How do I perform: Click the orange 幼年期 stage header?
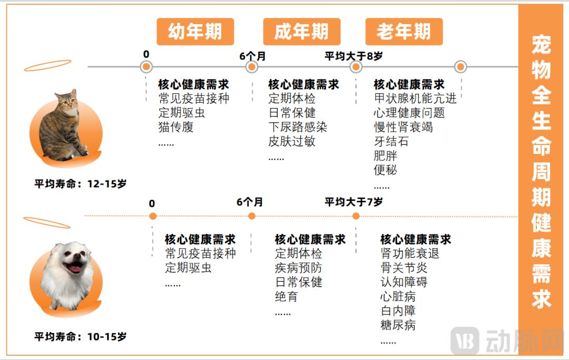(195, 32)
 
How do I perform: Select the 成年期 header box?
(302, 32)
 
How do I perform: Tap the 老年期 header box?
(404, 32)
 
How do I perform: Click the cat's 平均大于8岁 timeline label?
(354, 56)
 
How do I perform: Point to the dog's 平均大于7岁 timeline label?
(354, 202)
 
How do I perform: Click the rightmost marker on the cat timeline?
(460, 67)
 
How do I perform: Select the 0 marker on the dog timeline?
(153, 216)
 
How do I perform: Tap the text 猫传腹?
(175, 127)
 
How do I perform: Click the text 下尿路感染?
(298, 127)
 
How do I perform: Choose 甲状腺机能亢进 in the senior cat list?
(415, 99)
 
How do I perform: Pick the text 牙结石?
(391, 141)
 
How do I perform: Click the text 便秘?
(385, 170)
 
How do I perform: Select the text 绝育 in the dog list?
(286, 297)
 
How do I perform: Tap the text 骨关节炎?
(404, 268)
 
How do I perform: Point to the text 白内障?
(398, 310)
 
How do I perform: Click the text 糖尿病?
(398, 325)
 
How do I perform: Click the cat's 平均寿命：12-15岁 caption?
(81, 183)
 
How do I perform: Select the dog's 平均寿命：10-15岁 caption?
(81, 337)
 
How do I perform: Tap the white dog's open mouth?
(74, 267)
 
